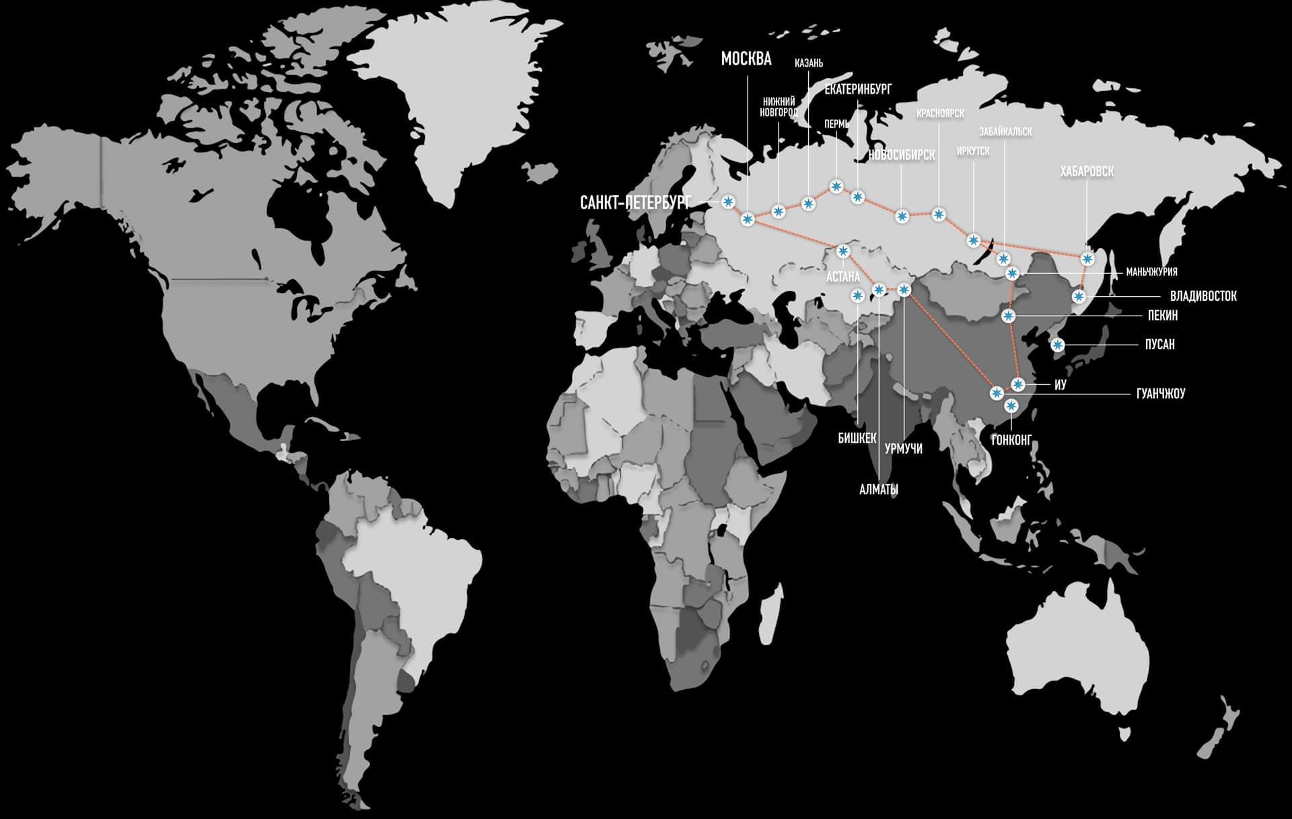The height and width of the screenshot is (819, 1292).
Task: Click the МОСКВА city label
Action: [746, 59]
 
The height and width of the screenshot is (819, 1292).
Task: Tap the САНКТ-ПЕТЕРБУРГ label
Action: [635, 203]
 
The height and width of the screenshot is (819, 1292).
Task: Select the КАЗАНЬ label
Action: [808, 63]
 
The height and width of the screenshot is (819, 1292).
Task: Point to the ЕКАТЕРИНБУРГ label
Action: [857, 90]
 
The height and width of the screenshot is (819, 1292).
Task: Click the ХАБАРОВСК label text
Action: [1086, 172]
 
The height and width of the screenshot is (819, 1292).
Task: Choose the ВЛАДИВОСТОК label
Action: [1203, 296]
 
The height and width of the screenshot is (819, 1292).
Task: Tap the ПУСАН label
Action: [1159, 345]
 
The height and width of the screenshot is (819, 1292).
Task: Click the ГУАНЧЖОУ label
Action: [1160, 394]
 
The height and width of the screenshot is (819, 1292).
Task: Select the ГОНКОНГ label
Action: [1011, 441]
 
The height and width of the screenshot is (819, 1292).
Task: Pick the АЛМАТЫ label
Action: [878, 490]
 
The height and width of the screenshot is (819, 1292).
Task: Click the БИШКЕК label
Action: [857, 439]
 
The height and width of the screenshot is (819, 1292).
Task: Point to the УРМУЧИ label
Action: [903, 449]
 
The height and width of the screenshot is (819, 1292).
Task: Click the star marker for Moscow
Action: [748, 219]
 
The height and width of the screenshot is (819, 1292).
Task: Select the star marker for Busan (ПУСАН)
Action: [1058, 345]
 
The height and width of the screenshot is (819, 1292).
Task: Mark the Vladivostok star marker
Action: [1079, 296]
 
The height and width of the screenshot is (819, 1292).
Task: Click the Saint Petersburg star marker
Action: [727, 201]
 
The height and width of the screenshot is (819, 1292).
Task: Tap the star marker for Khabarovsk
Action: [1087, 258]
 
